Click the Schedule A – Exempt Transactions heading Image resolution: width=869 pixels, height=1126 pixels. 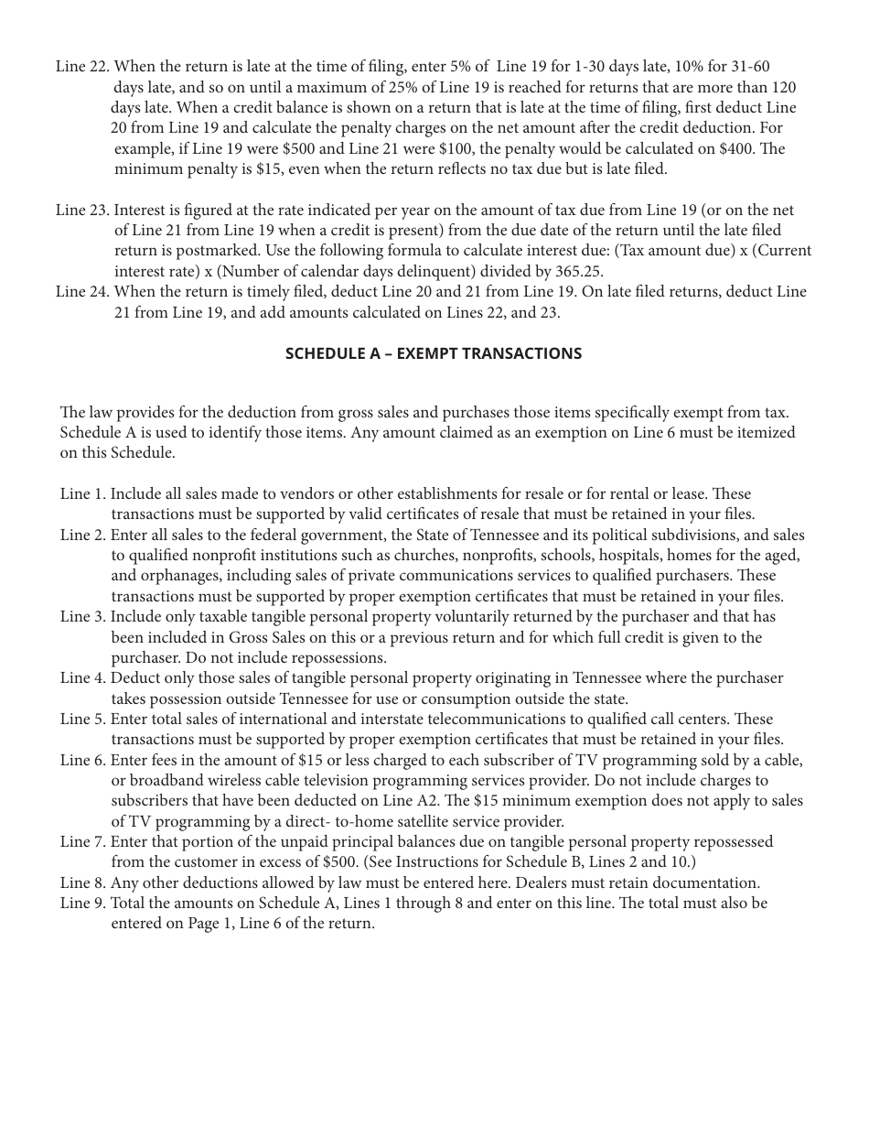point(433,353)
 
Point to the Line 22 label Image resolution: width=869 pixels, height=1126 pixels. point(82,67)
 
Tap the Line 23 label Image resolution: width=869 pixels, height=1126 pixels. point(82,211)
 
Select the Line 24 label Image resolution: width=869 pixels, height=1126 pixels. point(82,292)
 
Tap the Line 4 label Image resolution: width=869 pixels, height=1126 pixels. point(83,678)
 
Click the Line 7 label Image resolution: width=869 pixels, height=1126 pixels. point(83,842)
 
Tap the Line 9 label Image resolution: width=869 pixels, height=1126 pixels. point(83,904)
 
